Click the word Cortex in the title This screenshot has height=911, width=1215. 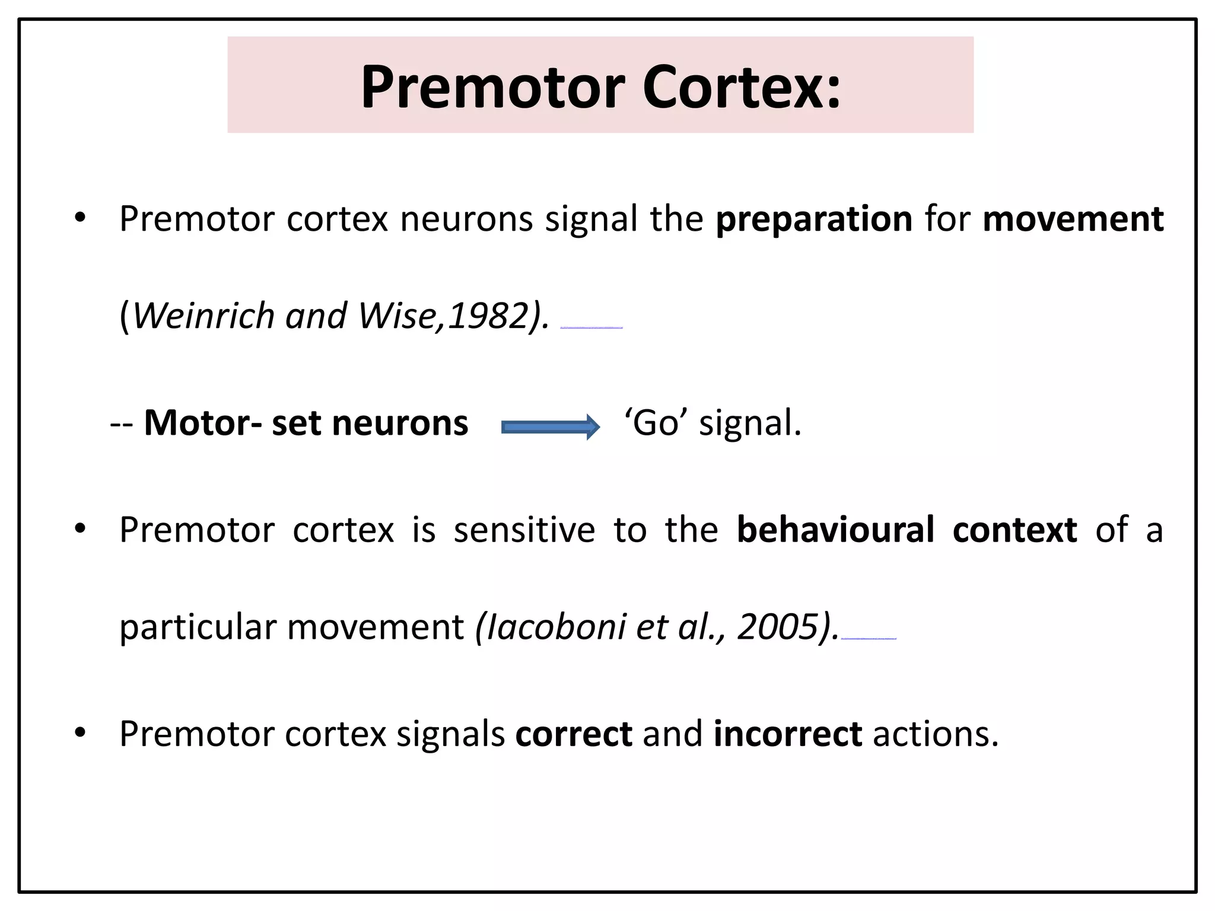tap(742, 87)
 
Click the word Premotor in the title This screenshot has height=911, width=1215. tap(492, 87)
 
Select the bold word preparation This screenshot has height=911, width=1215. tap(814, 219)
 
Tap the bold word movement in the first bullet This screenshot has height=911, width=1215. tap(1073, 219)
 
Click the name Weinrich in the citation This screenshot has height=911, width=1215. tap(203, 316)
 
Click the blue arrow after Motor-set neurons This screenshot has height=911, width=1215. tap(551, 427)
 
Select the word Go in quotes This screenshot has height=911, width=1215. tap(656, 423)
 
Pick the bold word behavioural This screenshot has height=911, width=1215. tap(835, 530)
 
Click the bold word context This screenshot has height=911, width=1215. tap(1014, 530)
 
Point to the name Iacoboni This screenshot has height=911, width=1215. tap(555, 627)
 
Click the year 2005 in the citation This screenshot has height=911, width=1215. tap(777, 627)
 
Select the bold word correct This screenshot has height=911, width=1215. tap(573, 734)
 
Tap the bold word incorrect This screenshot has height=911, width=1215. tap(787, 734)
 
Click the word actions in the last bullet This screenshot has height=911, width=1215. tap(935, 734)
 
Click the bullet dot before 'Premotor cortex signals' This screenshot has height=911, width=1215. tap(80, 733)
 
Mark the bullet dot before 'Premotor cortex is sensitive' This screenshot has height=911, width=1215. tap(80, 528)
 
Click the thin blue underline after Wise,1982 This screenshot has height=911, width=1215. tap(591, 327)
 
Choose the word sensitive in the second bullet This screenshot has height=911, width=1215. tap(524, 530)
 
